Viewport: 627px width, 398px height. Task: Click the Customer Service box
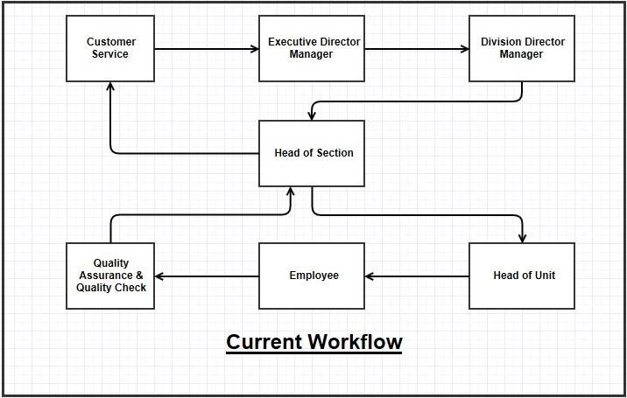(110, 48)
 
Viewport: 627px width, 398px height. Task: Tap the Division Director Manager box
(522, 48)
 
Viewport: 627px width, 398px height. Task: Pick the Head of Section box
(312, 153)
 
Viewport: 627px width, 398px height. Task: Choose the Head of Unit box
(522, 276)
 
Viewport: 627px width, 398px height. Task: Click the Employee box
(312, 276)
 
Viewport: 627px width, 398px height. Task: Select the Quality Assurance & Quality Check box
(110, 276)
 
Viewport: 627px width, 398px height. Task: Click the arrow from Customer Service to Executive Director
(207, 48)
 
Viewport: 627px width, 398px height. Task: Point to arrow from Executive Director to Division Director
(417, 48)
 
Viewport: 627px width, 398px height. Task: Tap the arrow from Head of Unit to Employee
(417, 276)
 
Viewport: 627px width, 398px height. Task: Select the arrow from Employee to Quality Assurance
(207, 276)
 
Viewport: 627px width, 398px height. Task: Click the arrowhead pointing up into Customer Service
(110, 87)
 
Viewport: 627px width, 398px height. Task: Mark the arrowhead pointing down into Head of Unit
(523, 237)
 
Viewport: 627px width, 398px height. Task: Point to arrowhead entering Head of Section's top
(312, 115)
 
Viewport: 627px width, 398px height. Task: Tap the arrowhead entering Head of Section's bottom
(291, 192)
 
